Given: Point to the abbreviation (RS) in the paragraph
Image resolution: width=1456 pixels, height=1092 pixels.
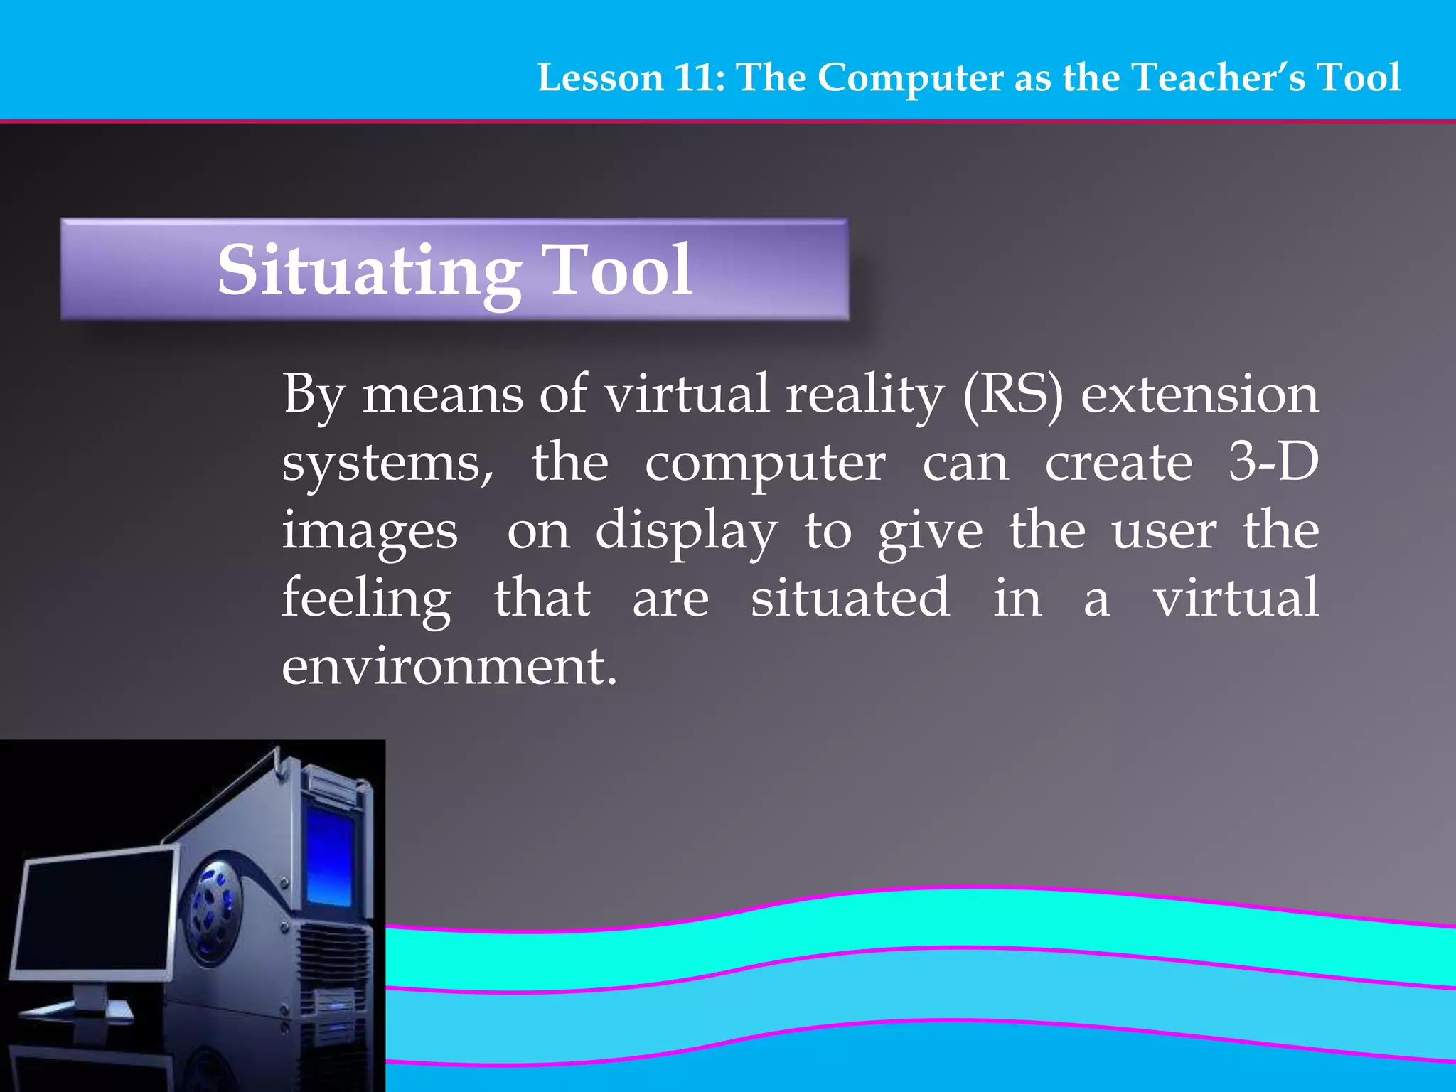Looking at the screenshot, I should pyautogui.click(x=1013, y=395).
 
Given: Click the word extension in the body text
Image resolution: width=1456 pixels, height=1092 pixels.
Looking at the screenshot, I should pyautogui.click(x=1199, y=395).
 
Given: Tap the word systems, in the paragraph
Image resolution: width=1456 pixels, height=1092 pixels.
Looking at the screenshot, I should pyautogui.click(x=388, y=464).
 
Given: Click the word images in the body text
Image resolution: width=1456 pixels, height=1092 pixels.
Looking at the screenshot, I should pyautogui.click(x=370, y=532).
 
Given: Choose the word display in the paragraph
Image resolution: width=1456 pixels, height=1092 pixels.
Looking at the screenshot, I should pyautogui.click(x=686, y=532).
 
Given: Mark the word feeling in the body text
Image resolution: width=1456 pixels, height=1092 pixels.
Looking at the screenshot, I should pyautogui.click(x=366, y=599).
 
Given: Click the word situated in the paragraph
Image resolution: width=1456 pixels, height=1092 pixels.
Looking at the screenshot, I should pyautogui.click(x=850, y=599).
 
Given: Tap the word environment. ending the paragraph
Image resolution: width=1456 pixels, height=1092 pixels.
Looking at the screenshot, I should pyautogui.click(x=449, y=667).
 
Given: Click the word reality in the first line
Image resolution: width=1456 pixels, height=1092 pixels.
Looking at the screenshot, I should pyautogui.click(x=864, y=395).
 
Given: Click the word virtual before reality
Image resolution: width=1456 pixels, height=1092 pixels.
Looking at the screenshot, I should pyautogui.click(x=687, y=395).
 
